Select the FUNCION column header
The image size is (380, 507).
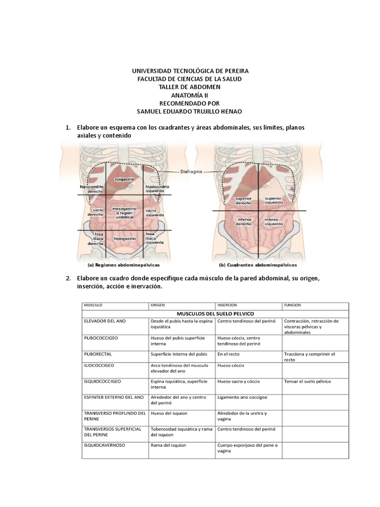292,305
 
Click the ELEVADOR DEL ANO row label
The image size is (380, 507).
105,321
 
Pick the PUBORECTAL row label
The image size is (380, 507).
99,354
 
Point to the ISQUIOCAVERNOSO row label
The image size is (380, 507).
104,445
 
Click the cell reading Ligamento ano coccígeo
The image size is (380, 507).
241,397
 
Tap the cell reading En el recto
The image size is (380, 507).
228,354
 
